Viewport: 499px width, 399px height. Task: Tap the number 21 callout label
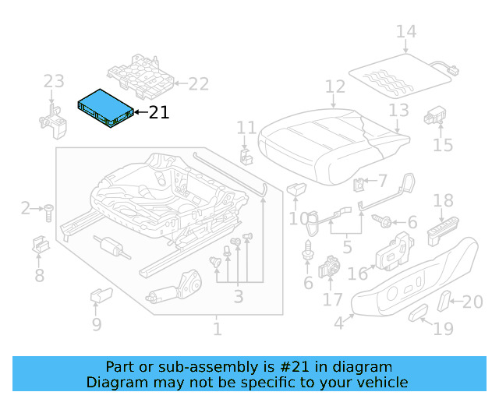158,113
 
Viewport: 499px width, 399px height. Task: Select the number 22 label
199,83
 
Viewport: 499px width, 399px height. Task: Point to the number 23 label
53,81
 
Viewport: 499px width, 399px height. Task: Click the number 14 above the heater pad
406,32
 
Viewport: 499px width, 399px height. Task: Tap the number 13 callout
398,110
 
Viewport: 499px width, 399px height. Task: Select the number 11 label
246,127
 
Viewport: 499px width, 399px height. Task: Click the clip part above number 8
39,245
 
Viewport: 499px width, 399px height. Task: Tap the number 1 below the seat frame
217,329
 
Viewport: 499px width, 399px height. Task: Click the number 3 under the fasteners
238,297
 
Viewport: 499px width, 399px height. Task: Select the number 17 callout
333,299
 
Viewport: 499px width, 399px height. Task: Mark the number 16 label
358,274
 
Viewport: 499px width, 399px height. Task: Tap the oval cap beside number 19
419,314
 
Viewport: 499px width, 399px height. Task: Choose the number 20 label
473,302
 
